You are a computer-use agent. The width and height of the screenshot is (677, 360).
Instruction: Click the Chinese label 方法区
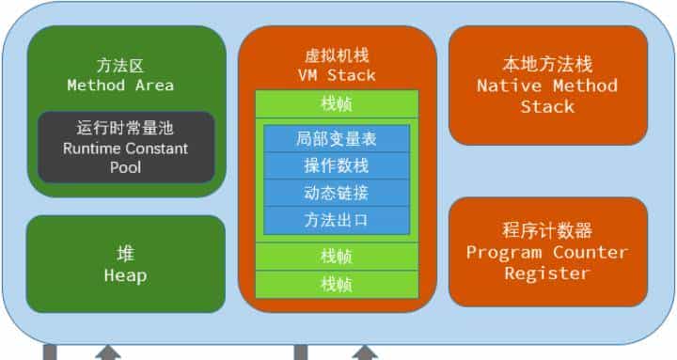119,66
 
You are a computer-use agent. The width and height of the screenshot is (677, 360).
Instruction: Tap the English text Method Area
119,86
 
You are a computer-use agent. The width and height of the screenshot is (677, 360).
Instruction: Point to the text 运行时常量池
126,128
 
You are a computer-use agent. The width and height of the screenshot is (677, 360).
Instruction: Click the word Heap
125,275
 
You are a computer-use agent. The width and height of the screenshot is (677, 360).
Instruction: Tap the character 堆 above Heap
125,255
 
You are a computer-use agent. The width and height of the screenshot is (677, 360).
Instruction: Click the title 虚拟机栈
337,55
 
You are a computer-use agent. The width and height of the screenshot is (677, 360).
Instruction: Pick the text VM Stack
337,75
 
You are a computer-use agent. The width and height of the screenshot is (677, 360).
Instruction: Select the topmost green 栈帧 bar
337,103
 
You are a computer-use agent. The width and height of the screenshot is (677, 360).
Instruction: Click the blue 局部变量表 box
337,139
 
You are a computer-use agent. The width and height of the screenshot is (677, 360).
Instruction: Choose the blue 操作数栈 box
337,166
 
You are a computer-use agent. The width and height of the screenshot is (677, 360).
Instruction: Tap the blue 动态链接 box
337,194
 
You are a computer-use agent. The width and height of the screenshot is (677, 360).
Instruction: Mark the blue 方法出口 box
337,221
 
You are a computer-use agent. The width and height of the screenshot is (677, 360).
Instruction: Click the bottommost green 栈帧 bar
337,284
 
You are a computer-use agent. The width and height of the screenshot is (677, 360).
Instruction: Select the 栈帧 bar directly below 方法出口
337,256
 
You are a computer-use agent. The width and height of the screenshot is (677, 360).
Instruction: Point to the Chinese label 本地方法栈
547,65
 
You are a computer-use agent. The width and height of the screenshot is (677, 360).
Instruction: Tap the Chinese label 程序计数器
547,232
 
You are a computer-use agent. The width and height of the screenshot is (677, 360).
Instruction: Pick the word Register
547,274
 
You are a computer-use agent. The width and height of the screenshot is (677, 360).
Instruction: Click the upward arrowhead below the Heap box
109,352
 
